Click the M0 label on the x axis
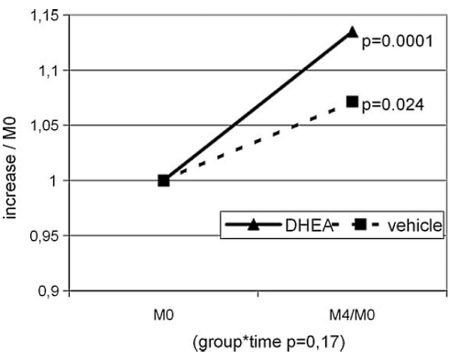click(163, 314)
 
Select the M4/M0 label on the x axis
click(352, 314)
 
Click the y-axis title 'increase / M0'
click(12, 153)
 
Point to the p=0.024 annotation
click(393, 105)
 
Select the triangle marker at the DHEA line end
click(353, 32)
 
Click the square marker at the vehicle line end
click(353, 102)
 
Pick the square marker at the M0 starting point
click(164, 180)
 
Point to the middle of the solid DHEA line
click(258, 106)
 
